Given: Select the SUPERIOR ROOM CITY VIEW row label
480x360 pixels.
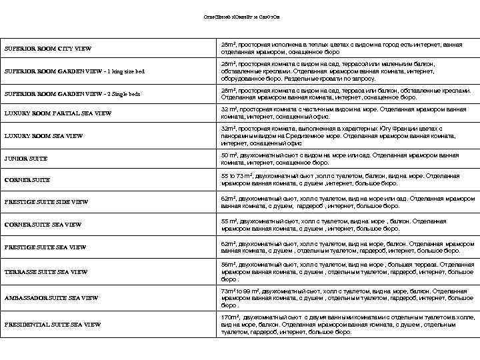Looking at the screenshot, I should (x=48, y=49).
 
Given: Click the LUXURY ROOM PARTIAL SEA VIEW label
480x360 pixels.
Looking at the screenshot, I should (x=58, y=114).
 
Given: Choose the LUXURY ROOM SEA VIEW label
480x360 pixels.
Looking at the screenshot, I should (x=44, y=136).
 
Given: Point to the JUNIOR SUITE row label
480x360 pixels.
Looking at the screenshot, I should (x=27, y=159).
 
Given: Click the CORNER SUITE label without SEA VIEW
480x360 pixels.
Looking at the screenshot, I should (x=28, y=180).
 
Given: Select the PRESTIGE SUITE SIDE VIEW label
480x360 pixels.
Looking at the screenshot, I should (x=47, y=202).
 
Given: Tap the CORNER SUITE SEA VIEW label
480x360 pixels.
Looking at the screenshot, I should (x=43, y=225).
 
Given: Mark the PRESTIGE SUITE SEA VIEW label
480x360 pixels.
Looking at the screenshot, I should (x=45, y=247).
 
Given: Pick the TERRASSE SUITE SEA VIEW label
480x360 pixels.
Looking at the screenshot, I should (x=46, y=272).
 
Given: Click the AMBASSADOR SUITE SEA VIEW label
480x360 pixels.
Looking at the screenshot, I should (x=51, y=297).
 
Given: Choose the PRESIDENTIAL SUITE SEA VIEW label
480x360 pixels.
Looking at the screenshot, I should (x=53, y=324).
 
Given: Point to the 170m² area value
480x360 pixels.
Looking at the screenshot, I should (x=231, y=317).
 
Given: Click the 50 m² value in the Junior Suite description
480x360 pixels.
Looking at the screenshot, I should (x=229, y=155).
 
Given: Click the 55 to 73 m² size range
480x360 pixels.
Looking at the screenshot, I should (x=237, y=176).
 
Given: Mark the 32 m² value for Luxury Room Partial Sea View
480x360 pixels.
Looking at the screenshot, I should (x=229, y=109).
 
